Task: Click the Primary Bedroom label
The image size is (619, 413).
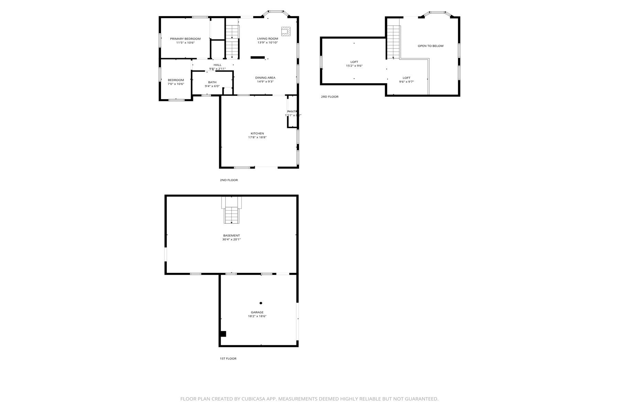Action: click(x=185, y=39)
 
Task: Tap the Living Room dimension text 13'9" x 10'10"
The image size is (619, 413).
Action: click(x=268, y=43)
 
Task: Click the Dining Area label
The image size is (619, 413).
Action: click(x=265, y=78)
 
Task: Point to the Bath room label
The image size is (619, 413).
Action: click(x=212, y=82)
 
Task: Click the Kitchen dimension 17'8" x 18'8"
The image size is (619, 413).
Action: click(x=257, y=137)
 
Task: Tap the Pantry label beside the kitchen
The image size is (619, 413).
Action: click(x=292, y=112)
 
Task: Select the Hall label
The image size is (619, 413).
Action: click(x=217, y=65)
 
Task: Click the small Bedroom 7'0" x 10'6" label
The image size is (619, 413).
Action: click(x=176, y=80)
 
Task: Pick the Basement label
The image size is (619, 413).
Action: click(x=231, y=236)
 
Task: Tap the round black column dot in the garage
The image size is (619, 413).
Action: click(x=261, y=303)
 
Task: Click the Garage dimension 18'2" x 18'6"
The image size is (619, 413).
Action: click(x=257, y=316)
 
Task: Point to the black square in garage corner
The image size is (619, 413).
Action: click(x=223, y=334)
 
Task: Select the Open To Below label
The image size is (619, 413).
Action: click(x=431, y=46)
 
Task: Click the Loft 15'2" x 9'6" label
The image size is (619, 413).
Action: click(x=354, y=62)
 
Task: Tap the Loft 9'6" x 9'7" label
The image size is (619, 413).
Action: click(x=406, y=78)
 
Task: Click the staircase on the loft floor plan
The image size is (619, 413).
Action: click(x=393, y=41)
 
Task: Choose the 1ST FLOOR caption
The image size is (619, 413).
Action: click(x=228, y=359)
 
